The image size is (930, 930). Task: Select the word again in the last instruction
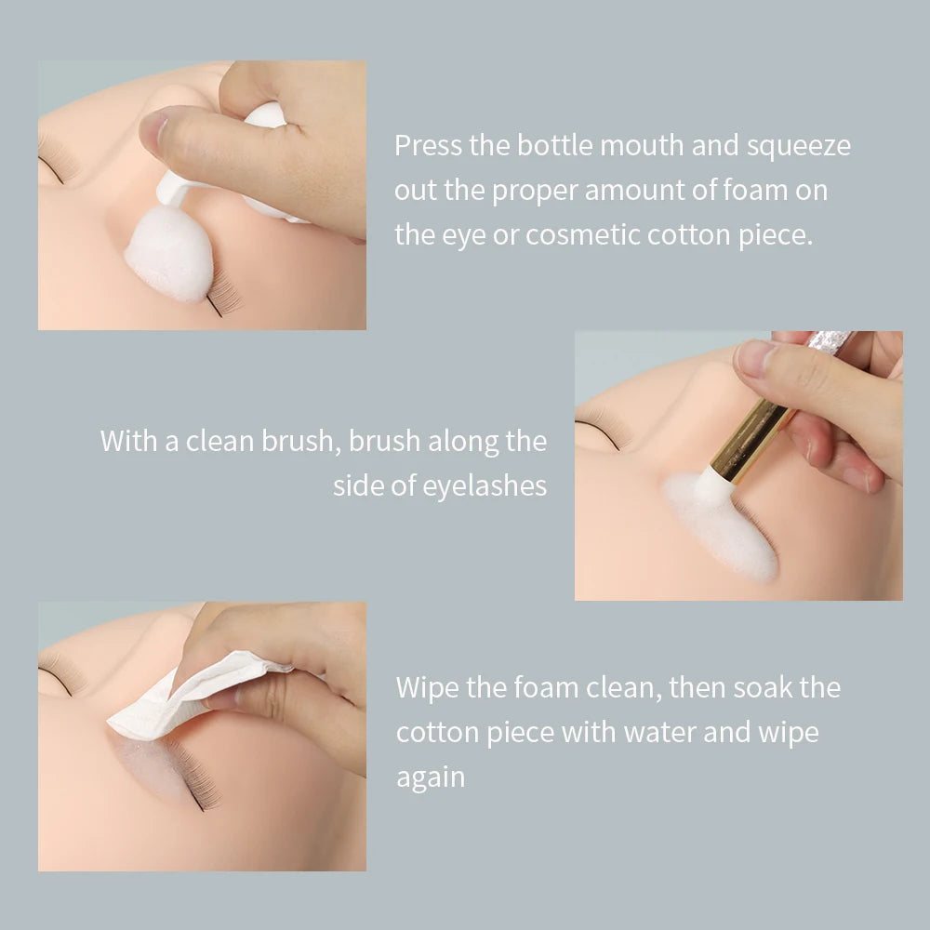pos(430,777)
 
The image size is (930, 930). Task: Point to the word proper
pos(535,191)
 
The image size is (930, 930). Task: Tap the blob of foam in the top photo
pos(169,253)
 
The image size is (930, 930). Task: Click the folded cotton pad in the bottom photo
pos(186,693)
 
